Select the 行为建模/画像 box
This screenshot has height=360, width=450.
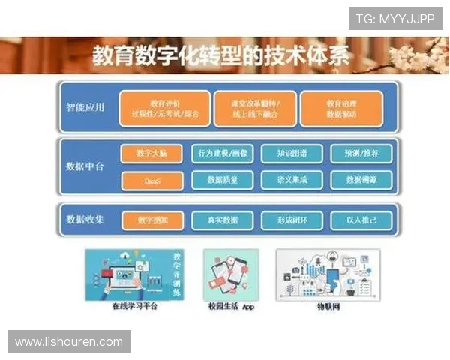[x=223, y=153]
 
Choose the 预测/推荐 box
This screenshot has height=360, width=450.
[x=361, y=153]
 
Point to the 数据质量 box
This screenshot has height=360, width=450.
[x=223, y=180]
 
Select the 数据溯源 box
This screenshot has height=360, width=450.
[x=361, y=180]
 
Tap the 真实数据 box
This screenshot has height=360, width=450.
[x=223, y=220]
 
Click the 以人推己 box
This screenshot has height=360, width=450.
[x=361, y=220]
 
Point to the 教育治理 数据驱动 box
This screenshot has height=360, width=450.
[x=341, y=109]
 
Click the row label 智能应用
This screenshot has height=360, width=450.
[x=85, y=106]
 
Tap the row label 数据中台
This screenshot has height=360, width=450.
[x=85, y=166]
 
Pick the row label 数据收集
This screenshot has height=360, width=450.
[x=85, y=220]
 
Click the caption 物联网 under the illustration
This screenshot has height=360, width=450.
[x=328, y=307]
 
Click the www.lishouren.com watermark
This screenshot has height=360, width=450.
[x=68, y=341]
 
